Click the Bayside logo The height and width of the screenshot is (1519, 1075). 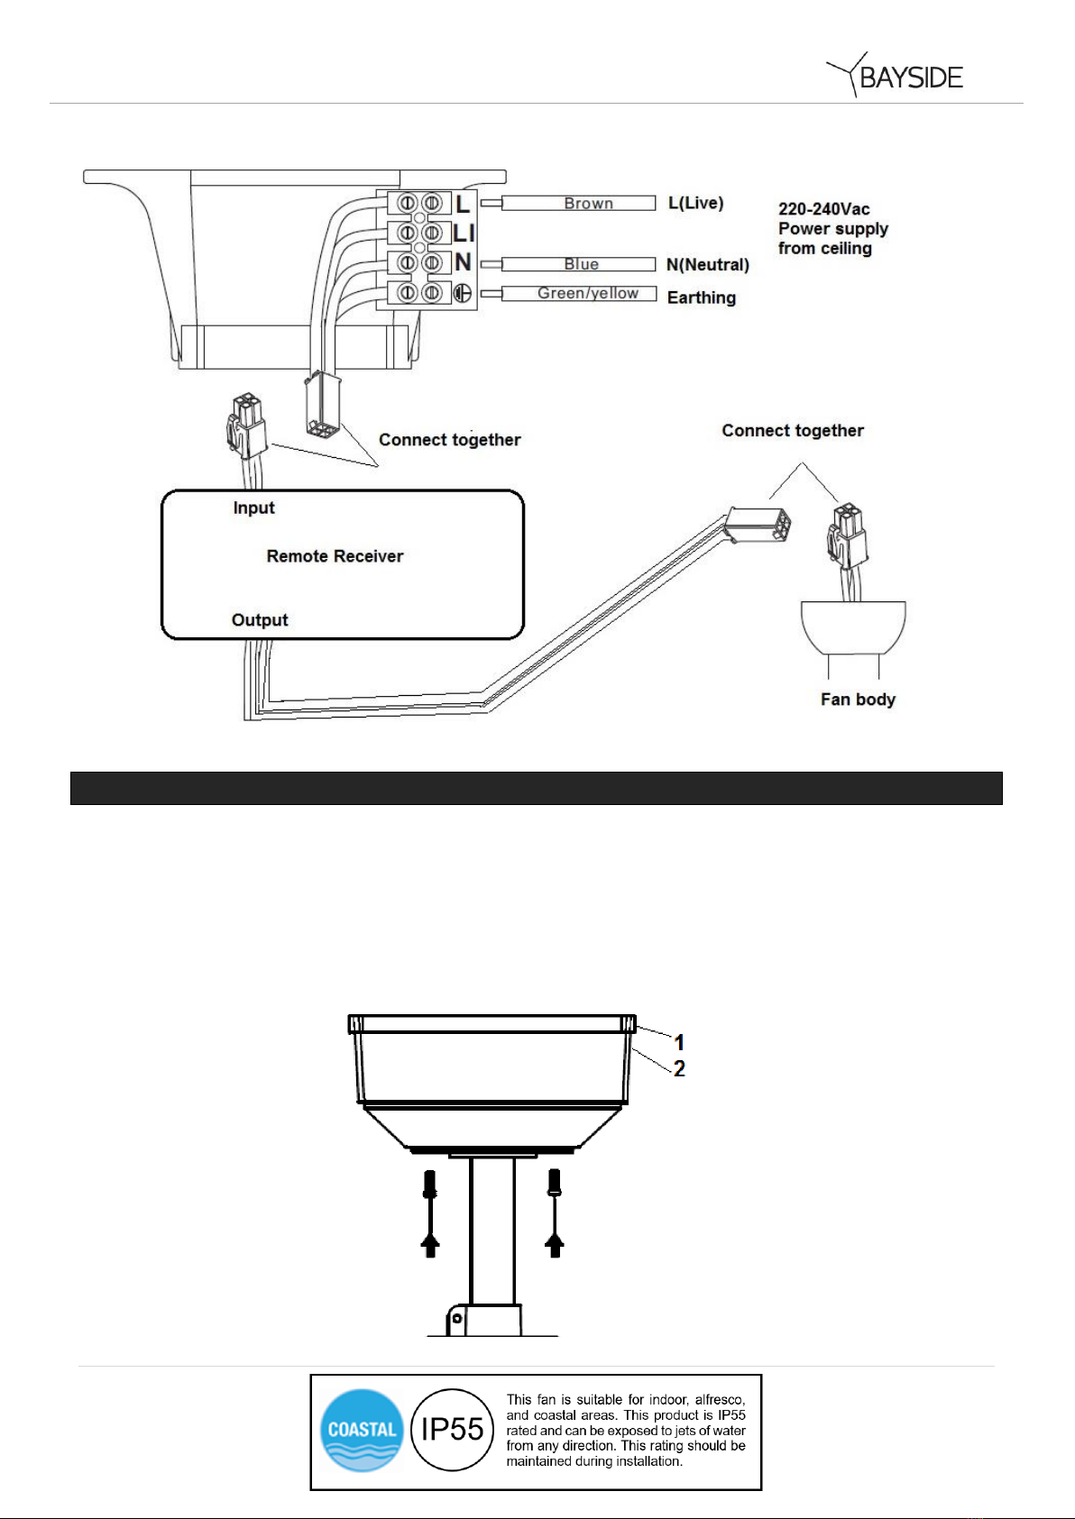tap(894, 75)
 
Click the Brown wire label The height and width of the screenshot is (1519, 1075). tap(588, 204)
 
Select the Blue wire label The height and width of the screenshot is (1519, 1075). tap(582, 264)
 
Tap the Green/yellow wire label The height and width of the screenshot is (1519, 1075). tap(588, 293)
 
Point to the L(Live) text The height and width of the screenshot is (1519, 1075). tap(696, 203)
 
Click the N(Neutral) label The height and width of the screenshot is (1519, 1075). tap(707, 264)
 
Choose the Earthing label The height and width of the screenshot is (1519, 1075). tap(702, 297)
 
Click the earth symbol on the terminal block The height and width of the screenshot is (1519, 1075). tap(462, 293)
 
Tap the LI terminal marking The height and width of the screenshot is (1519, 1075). tap(464, 233)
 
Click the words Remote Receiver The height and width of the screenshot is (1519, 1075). tap(335, 556)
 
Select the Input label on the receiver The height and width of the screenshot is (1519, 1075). tap(253, 508)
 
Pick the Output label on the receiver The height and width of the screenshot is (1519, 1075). tap(260, 620)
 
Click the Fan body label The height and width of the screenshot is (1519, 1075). tap(858, 700)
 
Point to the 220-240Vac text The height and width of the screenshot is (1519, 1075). tap(823, 209)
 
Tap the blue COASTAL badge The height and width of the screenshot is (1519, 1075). tap(362, 1430)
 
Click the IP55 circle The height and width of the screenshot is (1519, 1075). tap(452, 1430)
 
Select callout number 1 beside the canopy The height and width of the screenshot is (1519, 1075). tap(679, 1042)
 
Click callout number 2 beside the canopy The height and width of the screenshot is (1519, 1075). tap(679, 1069)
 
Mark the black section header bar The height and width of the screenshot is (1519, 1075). tap(537, 788)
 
